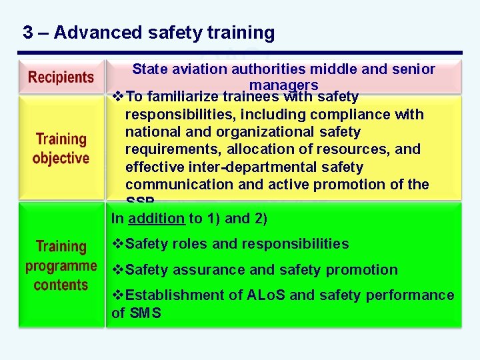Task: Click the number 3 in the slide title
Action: [28, 33]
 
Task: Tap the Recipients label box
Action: [61, 77]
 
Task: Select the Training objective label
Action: [61, 149]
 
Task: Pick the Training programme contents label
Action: [61, 266]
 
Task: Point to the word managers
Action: [283, 85]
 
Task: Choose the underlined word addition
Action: [156, 218]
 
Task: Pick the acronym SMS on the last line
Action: [145, 313]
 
